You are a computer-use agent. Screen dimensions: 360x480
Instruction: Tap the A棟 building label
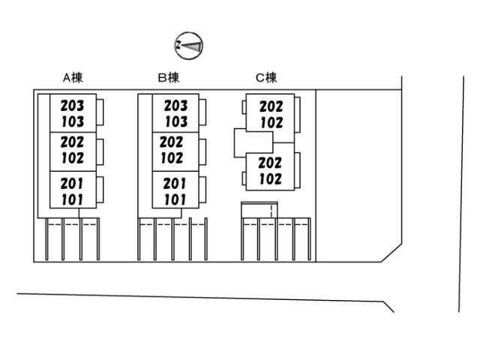point(72,77)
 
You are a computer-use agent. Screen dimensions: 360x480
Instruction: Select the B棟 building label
point(169,77)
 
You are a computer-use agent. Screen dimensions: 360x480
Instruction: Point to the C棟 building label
point(266,77)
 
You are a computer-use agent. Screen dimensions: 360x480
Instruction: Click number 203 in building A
point(72,106)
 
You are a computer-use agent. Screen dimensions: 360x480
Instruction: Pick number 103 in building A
point(72,121)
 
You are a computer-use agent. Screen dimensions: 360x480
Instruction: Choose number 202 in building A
point(72,142)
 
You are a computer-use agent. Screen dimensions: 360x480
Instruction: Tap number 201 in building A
point(72,182)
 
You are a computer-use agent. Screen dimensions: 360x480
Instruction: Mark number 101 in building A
point(72,199)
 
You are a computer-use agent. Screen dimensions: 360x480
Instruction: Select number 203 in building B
point(175,106)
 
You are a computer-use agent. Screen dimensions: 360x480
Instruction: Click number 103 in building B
point(175,121)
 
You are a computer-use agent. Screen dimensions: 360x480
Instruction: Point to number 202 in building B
point(172,142)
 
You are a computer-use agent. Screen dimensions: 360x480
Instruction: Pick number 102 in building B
point(172,157)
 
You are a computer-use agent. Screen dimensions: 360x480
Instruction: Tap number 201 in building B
point(174,183)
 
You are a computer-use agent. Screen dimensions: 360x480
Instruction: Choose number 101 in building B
point(174,199)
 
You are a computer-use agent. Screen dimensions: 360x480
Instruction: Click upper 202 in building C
point(271,107)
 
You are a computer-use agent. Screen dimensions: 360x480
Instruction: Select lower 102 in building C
point(270,178)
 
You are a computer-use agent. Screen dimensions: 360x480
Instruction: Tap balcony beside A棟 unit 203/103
point(99,112)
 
